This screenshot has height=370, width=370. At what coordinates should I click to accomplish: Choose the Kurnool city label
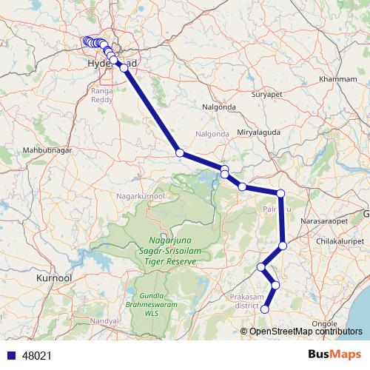[53, 278]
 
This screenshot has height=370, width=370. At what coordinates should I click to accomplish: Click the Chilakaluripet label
[340, 241]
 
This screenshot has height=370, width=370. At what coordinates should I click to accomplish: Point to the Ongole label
[325, 323]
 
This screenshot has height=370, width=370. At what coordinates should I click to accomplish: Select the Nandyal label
[104, 321]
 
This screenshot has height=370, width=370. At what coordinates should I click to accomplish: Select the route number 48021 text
[38, 356]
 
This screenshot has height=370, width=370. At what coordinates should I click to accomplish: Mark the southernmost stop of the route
[264, 309]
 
